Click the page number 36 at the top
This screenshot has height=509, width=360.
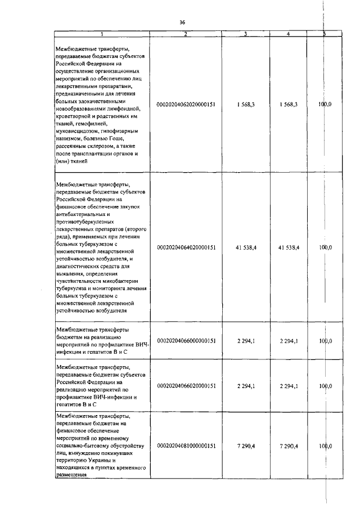click(x=182, y=22)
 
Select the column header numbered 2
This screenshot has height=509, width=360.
click(x=186, y=34)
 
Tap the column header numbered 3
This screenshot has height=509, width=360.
click(x=246, y=34)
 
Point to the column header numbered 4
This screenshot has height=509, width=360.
click(x=288, y=34)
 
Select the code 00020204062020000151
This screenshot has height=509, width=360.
click(x=186, y=105)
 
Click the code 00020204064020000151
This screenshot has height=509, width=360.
click(x=186, y=247)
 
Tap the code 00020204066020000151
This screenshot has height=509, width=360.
click(x=186, y=386)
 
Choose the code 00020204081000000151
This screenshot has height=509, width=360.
click(x=186, y=445)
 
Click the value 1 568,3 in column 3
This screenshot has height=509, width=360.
click(x=246, y=105)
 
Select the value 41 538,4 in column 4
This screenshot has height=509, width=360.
click(x=288, y=247)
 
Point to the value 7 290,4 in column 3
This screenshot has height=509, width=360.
click(x=246, y=445)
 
